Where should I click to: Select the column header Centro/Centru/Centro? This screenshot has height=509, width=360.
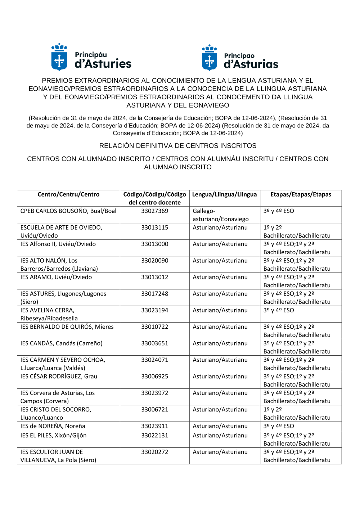tap(68, 194)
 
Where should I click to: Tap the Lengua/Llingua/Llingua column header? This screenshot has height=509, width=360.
tap(224, 194)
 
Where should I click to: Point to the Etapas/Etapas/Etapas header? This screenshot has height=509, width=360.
tap(301, 194)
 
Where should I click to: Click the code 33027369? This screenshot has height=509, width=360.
tap(154, 211)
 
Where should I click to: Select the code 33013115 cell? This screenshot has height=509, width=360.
tap(154, 228)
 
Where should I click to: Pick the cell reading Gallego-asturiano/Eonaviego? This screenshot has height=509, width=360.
tap(220, 215)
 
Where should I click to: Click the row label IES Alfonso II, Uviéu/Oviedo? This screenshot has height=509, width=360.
tap(58, 244)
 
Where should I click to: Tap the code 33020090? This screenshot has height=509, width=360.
tap(154, 261)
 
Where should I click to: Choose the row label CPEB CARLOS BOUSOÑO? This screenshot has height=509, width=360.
tap(68, 211)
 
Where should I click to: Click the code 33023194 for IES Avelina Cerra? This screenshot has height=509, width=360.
tap(154, 310)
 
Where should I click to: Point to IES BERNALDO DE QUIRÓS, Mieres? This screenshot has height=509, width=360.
tap(67, 327)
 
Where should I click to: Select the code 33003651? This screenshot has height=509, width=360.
tap(154, 343)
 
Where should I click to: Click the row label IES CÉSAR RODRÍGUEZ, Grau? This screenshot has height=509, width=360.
tap(59, 377)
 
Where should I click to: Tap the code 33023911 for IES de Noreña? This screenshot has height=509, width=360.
tap(154, 426)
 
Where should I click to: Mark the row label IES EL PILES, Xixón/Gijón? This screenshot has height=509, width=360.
tap(53, 436)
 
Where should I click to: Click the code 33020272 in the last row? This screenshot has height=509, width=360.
tap(154, 452)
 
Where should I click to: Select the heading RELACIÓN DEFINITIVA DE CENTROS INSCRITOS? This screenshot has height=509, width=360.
tap(178, 146)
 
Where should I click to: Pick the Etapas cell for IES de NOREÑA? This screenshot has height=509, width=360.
tap(279, 426)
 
